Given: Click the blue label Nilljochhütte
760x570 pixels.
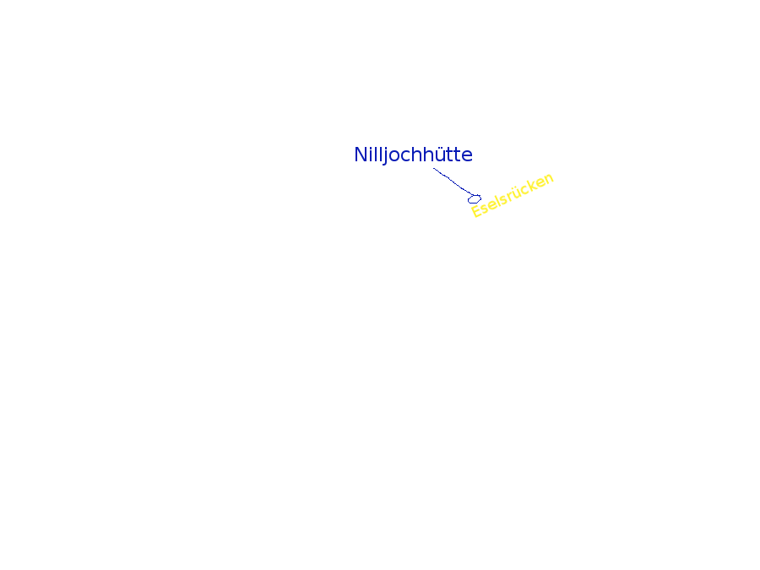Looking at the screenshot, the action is coord(414,155).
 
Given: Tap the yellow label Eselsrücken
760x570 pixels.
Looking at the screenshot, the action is coord(513,195).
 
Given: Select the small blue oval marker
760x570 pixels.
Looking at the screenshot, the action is coord(475,198).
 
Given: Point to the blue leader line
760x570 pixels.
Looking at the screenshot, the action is coord(453,182).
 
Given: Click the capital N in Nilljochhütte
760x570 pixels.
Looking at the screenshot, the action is coord(360,155).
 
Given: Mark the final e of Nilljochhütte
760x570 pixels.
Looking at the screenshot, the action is coord(467,157).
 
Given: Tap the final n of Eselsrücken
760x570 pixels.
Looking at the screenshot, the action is coord(549,178).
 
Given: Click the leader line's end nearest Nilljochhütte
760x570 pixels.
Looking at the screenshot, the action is coord(433,168).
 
